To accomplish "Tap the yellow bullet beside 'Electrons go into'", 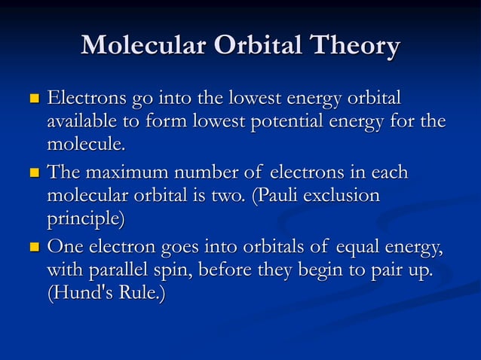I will coord(32,99).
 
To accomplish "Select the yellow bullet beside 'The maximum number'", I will coord(32,174).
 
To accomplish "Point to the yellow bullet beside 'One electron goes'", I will coord(32,247).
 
